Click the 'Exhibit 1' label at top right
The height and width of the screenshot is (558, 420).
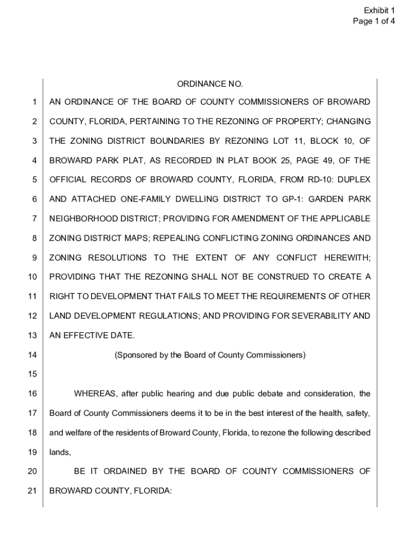tap(380, 10)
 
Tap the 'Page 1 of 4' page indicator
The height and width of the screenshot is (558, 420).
tap(373, 21)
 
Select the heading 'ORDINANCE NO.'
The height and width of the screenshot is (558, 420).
tap(209, 84)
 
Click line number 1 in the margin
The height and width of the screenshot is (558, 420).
tap(34, 102)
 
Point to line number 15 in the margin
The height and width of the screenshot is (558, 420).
tap(32, 374)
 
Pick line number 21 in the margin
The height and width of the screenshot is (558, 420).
tap(32, 490)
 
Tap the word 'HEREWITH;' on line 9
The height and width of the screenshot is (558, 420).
tap(347, 257)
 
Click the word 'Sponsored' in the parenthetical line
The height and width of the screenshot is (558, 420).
tap(134, 355)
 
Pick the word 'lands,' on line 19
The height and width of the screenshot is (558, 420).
tap(60, 452)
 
